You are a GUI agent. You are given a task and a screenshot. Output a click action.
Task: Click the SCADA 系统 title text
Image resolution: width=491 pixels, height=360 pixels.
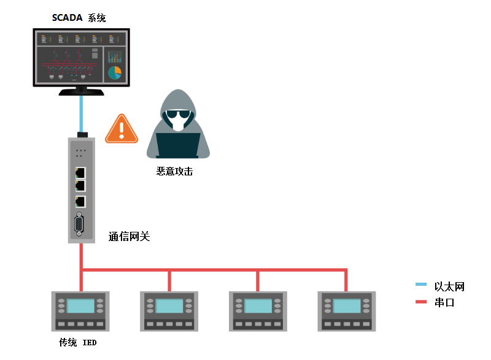click(79, 18)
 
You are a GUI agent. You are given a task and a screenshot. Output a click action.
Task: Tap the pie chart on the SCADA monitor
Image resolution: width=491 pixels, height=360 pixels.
click(115, 72)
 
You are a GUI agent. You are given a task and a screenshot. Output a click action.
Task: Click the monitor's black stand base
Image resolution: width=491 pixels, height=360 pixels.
click(82, 92)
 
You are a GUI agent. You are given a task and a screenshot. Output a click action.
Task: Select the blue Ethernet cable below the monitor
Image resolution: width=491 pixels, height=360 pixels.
click(82, 114)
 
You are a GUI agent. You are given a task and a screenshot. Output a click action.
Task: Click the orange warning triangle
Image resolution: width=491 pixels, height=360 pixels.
click(122, 129)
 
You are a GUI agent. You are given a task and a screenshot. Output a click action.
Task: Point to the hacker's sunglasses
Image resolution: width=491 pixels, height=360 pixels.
click(178, 114)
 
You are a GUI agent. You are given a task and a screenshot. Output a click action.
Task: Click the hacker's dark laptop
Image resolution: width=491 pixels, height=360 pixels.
click(178, 145)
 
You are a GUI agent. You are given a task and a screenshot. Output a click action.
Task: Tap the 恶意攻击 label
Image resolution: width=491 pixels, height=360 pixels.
click(174, 171)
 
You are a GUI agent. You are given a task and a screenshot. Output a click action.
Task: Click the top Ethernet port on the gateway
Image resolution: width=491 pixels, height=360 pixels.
click(80, 173)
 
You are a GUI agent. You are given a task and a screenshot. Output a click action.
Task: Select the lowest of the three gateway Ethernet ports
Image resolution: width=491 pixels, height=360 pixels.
click(80, 202)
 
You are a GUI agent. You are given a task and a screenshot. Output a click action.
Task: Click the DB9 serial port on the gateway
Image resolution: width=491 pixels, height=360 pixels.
click(79, 224)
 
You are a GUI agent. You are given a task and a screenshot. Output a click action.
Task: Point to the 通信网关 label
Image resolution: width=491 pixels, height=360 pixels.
click(129, 237)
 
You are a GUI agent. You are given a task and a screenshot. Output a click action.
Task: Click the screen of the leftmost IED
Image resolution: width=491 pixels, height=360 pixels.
click(80, 305)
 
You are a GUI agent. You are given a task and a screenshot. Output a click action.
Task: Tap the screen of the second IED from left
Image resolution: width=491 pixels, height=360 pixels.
click(169, 305)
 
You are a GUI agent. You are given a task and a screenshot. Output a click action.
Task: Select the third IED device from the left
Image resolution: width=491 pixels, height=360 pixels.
click(258, 311)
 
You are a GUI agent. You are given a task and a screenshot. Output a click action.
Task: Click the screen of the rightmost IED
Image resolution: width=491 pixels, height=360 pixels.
click(347, 305)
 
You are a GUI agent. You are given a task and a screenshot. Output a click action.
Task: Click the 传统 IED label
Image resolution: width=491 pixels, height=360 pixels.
click(78, 342)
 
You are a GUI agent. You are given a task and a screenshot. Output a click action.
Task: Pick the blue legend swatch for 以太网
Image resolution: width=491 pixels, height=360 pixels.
click(421, 285)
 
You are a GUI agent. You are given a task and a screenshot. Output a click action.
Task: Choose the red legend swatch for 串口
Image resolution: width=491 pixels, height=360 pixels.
click(421, 302)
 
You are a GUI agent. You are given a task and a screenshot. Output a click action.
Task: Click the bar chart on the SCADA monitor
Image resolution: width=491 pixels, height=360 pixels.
click(115, 57)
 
